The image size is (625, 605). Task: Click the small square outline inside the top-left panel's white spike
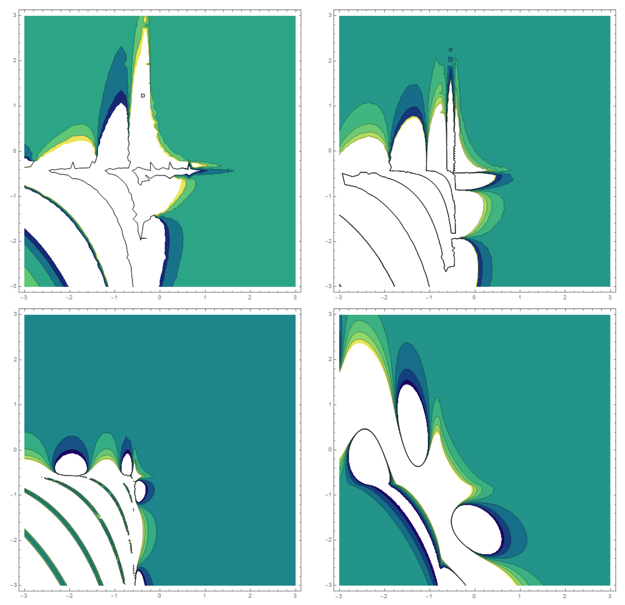click(x=143, y=95)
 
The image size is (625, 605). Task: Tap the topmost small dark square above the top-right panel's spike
click(x=451, y=50)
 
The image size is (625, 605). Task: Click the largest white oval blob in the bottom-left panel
click(x=71, y=462)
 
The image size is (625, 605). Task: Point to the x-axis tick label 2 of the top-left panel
click(x=250, y=297)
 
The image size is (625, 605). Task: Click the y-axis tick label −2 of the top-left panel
click(x=13, y=241)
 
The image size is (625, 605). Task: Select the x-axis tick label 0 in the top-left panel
click(x=160, y=297)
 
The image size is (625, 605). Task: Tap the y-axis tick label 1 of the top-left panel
click(x=15, y=106)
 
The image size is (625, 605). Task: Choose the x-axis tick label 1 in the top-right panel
click(x=519, y=297)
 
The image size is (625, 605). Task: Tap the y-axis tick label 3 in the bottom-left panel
click(x=15, y=314)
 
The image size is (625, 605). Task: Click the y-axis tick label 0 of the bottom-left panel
click(x=15, y=450)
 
